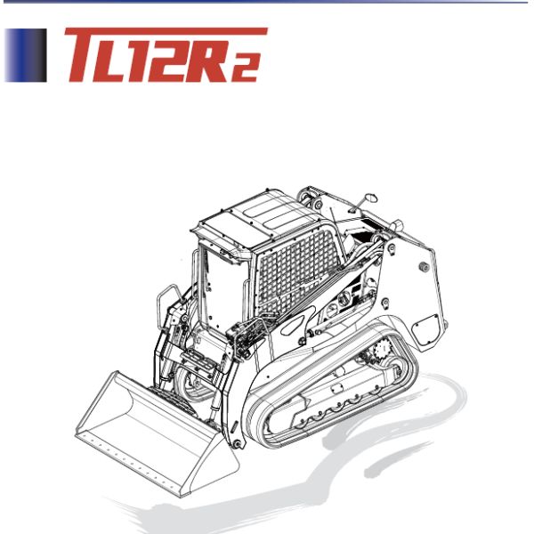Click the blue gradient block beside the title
click(25, 56)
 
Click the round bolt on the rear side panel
click(425, 265)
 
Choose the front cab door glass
click(219, 285)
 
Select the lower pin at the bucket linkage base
click(235, 441)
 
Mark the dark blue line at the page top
click(267, 2)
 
